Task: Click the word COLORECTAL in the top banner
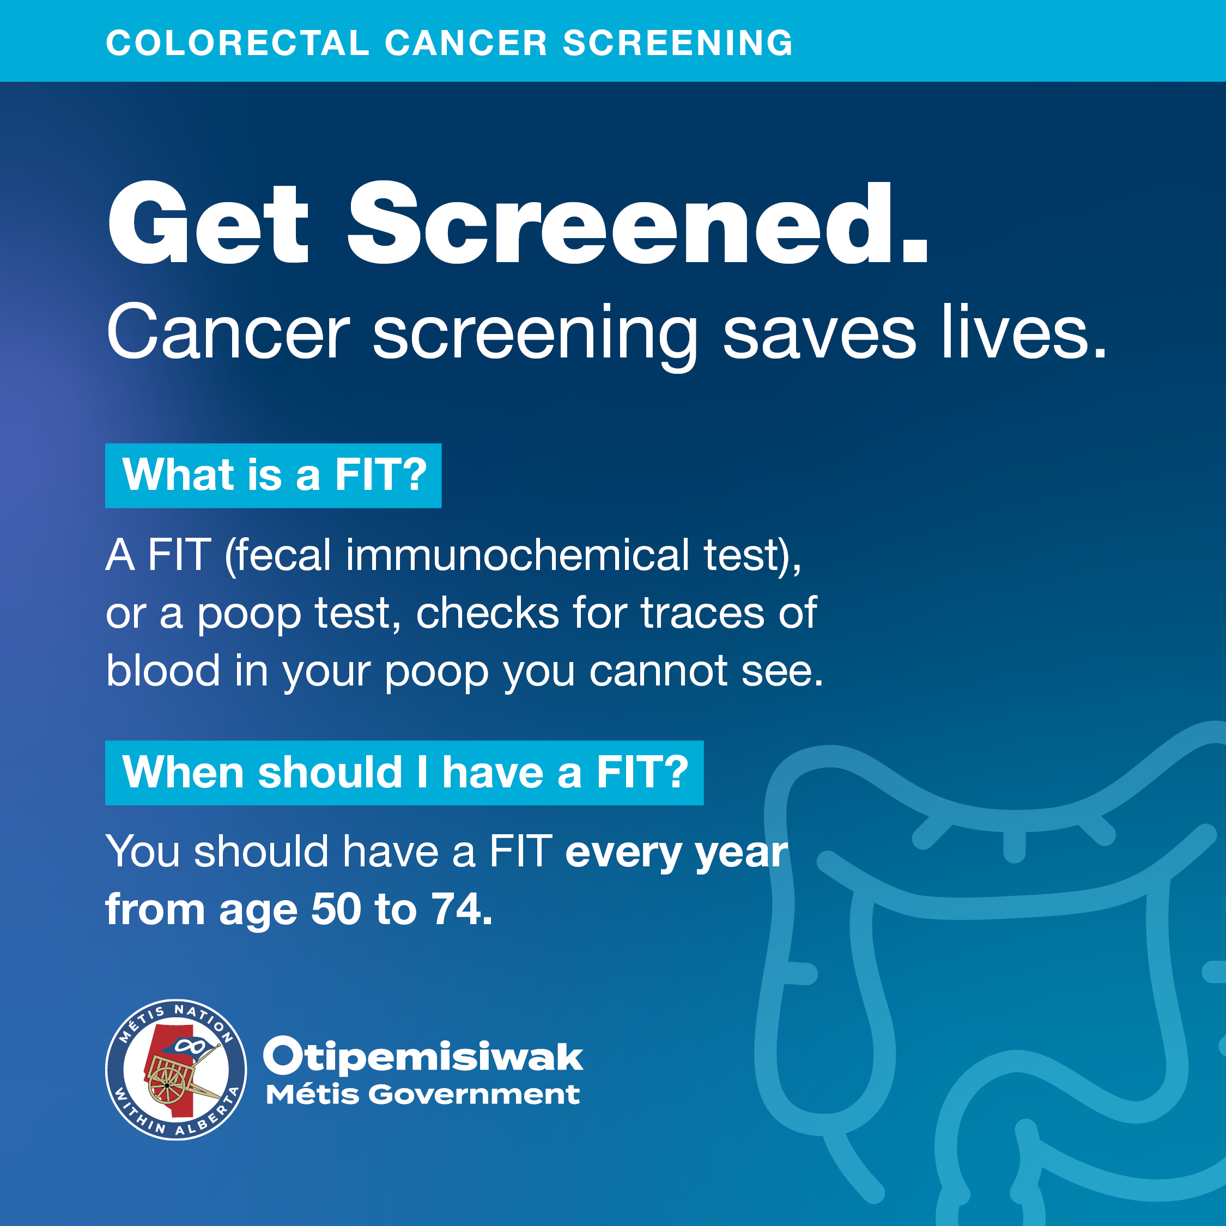238,43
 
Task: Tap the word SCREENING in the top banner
678,43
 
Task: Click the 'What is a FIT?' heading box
273,475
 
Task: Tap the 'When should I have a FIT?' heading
404,772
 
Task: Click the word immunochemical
517,555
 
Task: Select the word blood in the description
162,671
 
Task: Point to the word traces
702,614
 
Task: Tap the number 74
459,909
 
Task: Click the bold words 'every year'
676,852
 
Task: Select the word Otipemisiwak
423,1057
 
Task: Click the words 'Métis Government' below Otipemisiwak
423,1095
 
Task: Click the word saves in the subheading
819,332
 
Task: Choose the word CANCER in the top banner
466,43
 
